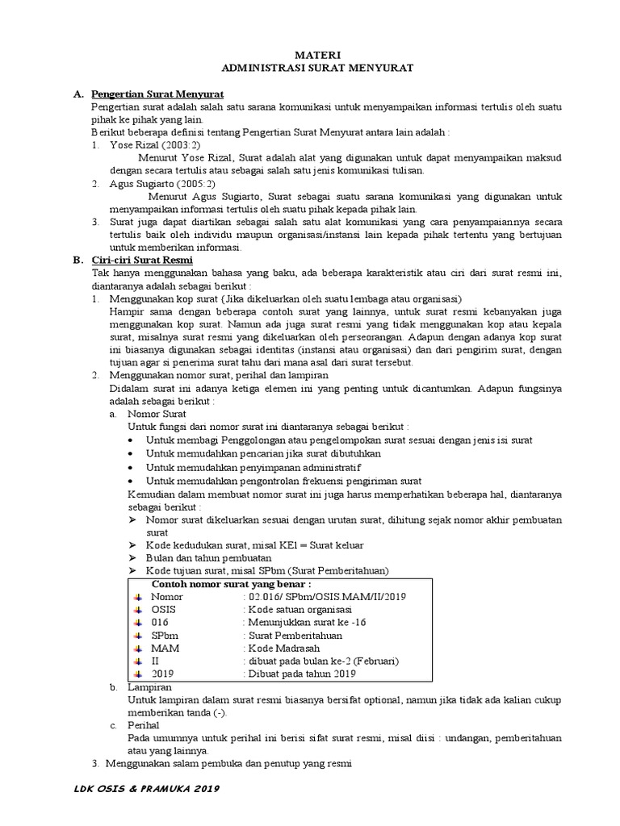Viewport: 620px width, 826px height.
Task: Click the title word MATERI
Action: [x=311, y=56]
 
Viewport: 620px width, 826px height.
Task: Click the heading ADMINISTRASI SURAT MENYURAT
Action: [x=311, y=69]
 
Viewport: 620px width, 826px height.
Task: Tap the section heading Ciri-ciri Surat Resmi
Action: [x=141, y=260]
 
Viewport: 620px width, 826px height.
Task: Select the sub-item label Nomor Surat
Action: [x=157, y=413]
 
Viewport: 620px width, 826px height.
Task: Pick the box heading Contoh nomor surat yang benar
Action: [x=232, y=584]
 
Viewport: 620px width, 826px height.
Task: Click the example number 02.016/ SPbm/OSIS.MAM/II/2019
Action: [x=325, y=597]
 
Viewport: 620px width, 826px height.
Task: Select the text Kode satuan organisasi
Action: [x=296, y=610]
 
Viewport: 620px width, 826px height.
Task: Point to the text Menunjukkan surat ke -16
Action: [x=302, y=623]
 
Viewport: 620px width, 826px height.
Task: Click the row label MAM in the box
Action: [x=165, y=649]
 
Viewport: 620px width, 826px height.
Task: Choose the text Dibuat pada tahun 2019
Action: [x=300, y=674]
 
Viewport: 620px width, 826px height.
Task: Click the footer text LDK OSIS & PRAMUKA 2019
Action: [x=146, y=788]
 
